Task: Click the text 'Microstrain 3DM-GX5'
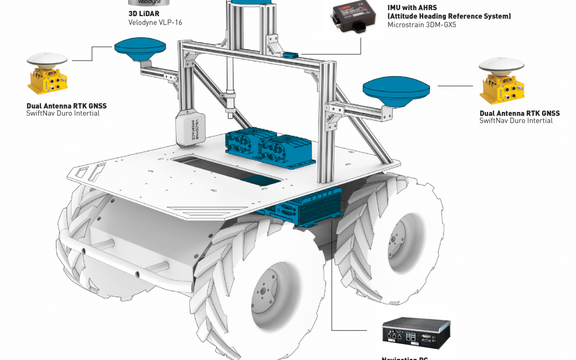click(422, 25)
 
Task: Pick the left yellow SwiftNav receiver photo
click(47, 73)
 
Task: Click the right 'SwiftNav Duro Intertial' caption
click(516, 121)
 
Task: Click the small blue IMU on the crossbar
click(291, 54)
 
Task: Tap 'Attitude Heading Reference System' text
click(449, 17)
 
